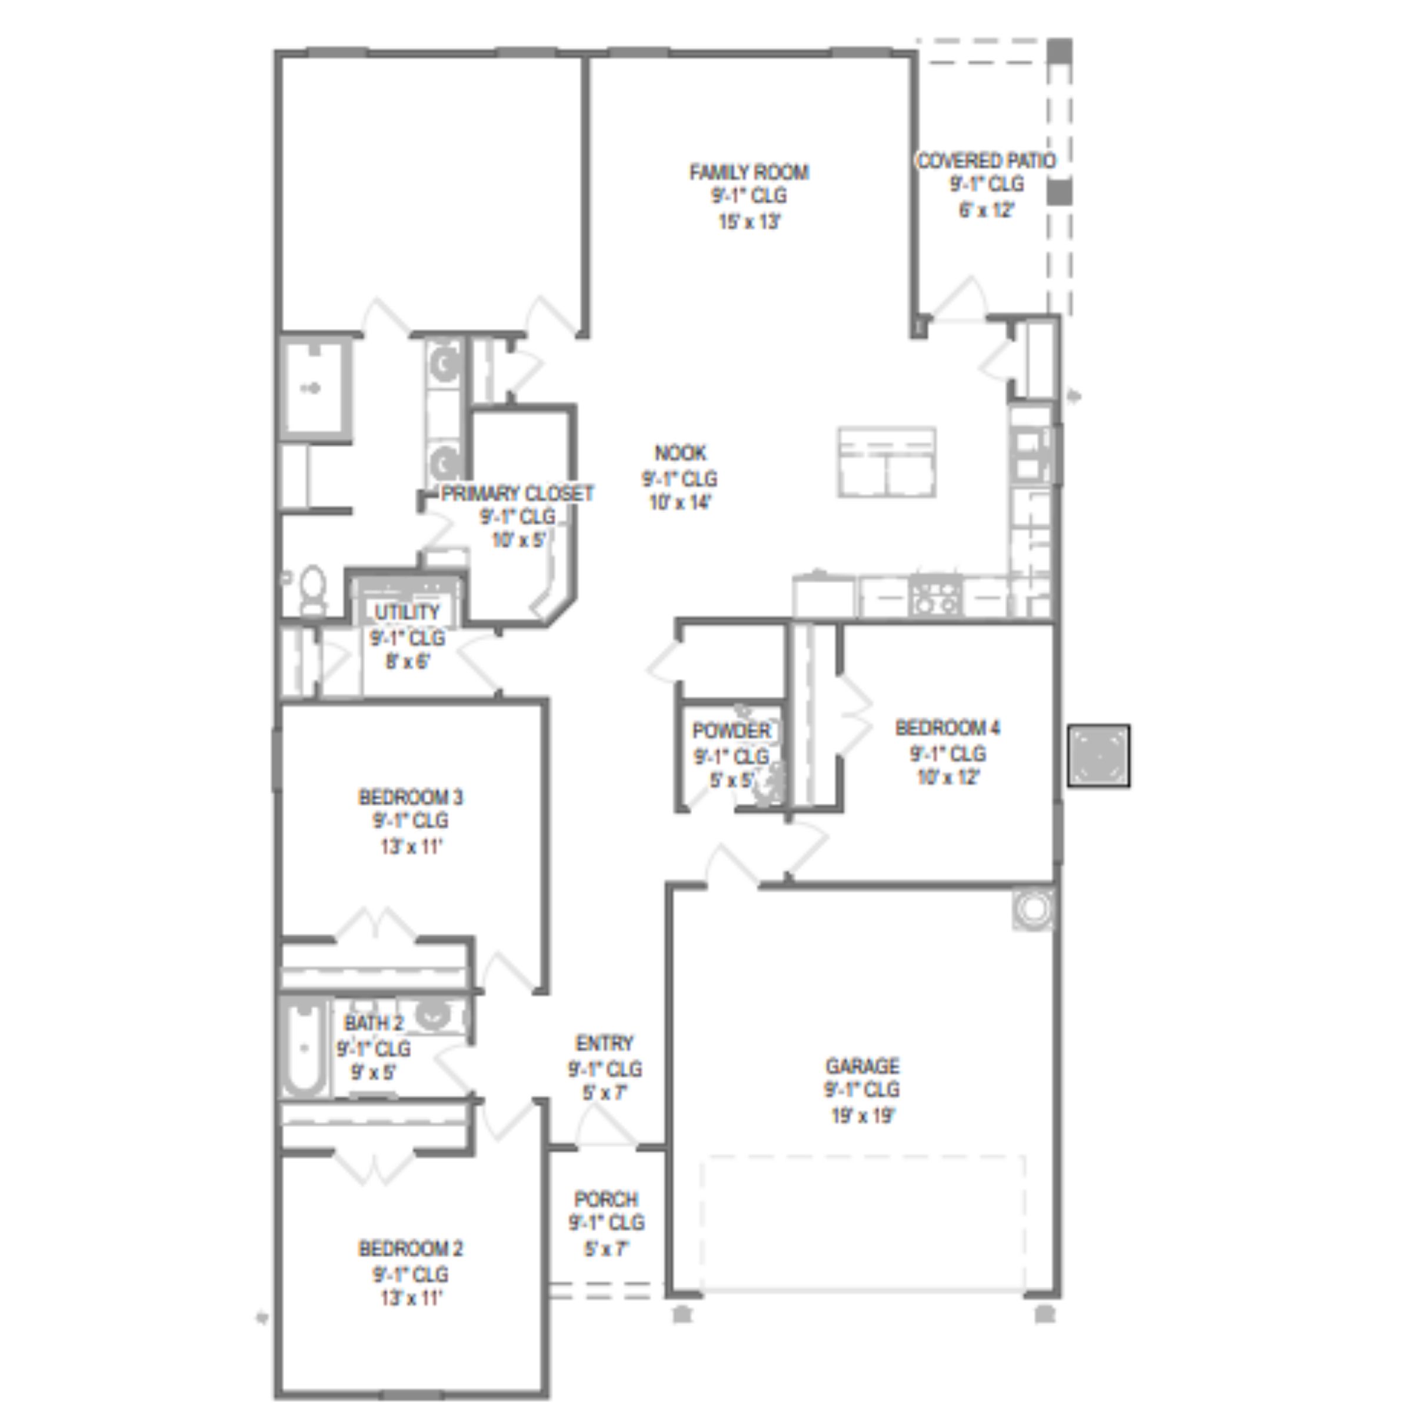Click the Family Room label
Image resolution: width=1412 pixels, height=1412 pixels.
pyautogui.click(x=749, y=172)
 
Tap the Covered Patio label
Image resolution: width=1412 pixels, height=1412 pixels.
pyautogui.click(x=986, y=161)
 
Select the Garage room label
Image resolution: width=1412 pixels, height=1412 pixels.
pyautogui.click(x=862, y=1065)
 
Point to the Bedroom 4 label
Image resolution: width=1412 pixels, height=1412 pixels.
pyautogui.click(x=947, y=728)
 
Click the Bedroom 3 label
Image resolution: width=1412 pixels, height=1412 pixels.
pyautogui.click(x=411, y=797)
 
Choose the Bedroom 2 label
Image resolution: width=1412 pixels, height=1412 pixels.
pyautogui.click(x=411, y=1248)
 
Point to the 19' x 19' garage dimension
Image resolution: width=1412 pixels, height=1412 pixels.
pyautogui.click(x=863, y=1116)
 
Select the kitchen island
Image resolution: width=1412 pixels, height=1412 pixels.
pyautogui.click(x=887, y=462)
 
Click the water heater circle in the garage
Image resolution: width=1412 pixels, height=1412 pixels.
pyautogui.click(x=1034, y=908)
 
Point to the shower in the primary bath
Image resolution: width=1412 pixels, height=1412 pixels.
pyautogui.click(x=314, y=389)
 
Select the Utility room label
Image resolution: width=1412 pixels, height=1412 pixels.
pyautogui.click(x=407, y=612)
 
